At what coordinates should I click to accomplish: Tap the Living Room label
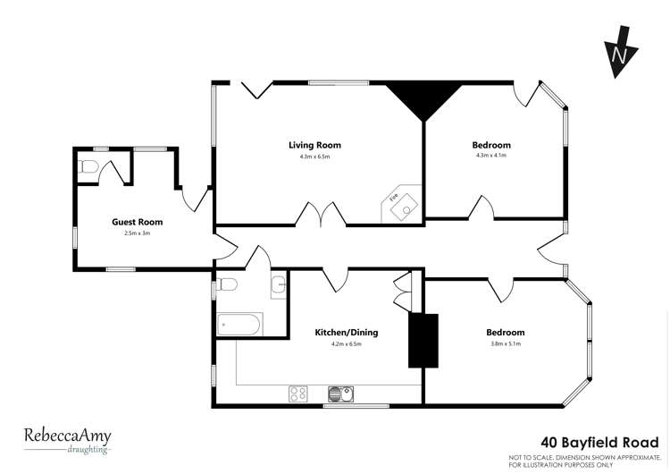click(x=314, y=145)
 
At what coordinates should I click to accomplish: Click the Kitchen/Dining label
click(x=346, y=333)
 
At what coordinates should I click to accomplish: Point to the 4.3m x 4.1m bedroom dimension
click(x=491, y=157)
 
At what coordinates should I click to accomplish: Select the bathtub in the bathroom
click(x=239, y=324)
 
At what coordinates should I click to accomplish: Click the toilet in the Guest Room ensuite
click(x=88, y=166)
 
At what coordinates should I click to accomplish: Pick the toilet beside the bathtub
click(x=227, y=285)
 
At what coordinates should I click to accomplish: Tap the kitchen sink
click(x=341, y=392)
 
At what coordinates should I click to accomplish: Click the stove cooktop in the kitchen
click(x=298, y=392)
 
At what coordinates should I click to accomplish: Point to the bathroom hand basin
click(x=278, y=286)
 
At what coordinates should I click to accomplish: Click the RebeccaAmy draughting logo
click(x=68, y=439)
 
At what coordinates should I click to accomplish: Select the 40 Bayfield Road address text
click(x=600, y=441)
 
